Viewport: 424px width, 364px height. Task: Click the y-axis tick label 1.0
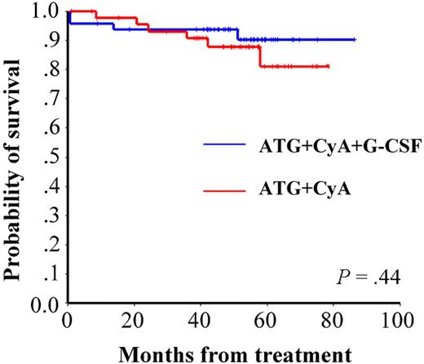click(42, 11)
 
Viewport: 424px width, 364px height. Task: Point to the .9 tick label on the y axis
click(47, 41)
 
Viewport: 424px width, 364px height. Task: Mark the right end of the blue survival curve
click(355, 39)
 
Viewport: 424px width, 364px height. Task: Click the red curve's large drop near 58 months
click(260, 56)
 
